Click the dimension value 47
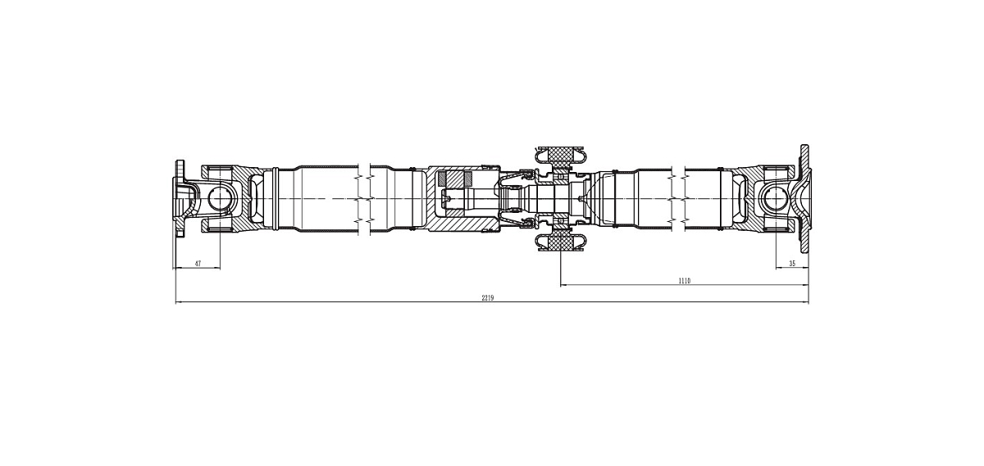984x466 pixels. pos(198,263)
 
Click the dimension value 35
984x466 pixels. pos(792,263)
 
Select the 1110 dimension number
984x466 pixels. pos(685,281)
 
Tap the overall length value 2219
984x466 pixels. pos(488,297)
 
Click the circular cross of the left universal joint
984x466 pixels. pos(219,199)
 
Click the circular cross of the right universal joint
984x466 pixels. pos(777,199)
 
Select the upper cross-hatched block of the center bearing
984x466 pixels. pos(561,154)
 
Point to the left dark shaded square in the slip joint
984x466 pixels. pos(442,179)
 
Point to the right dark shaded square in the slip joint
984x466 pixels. pos(468,179)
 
